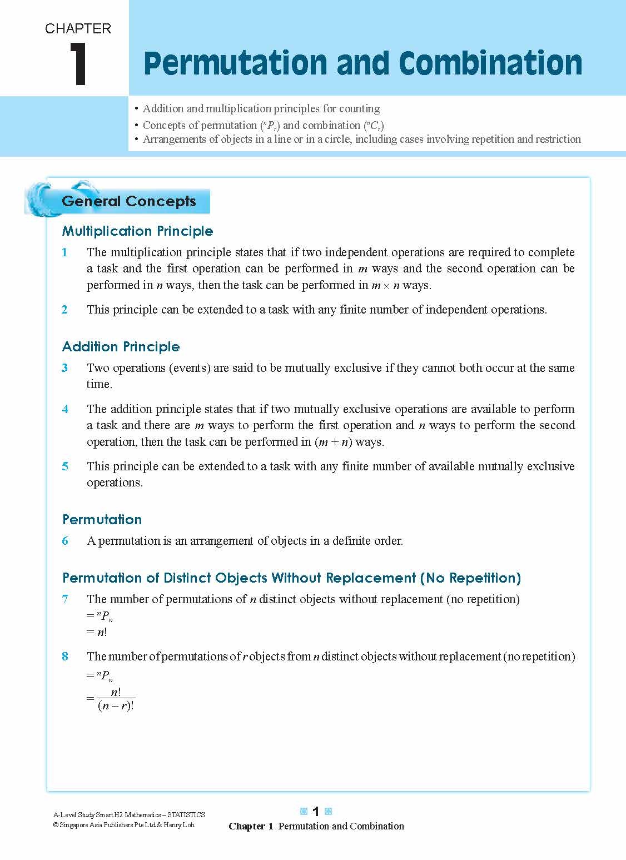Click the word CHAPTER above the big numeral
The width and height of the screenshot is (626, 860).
(78, 29)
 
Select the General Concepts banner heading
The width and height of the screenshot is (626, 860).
(129, 201)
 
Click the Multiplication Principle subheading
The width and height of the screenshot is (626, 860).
(137, 231)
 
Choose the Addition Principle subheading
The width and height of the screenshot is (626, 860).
(121, 346)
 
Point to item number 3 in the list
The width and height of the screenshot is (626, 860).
(65, 368)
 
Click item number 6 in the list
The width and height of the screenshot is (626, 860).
(65, 541)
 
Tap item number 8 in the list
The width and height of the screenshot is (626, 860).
(65, 657)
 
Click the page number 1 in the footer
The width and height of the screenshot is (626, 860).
(315, 812)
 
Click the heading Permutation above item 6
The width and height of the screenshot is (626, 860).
(102, 519)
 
